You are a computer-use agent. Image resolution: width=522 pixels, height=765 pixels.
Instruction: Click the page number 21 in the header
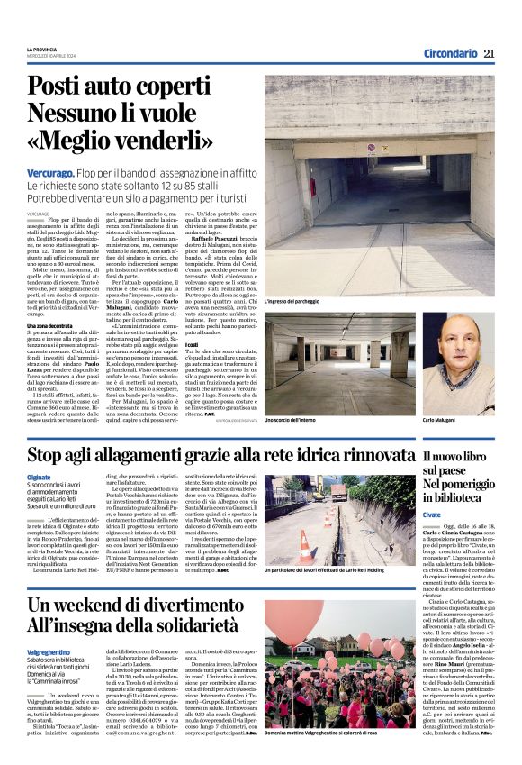tap(489, 54)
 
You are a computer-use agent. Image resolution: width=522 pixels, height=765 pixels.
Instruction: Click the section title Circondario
tap(450, 54)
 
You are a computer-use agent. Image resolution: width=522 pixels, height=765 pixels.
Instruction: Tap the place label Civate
tap(435, 515)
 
